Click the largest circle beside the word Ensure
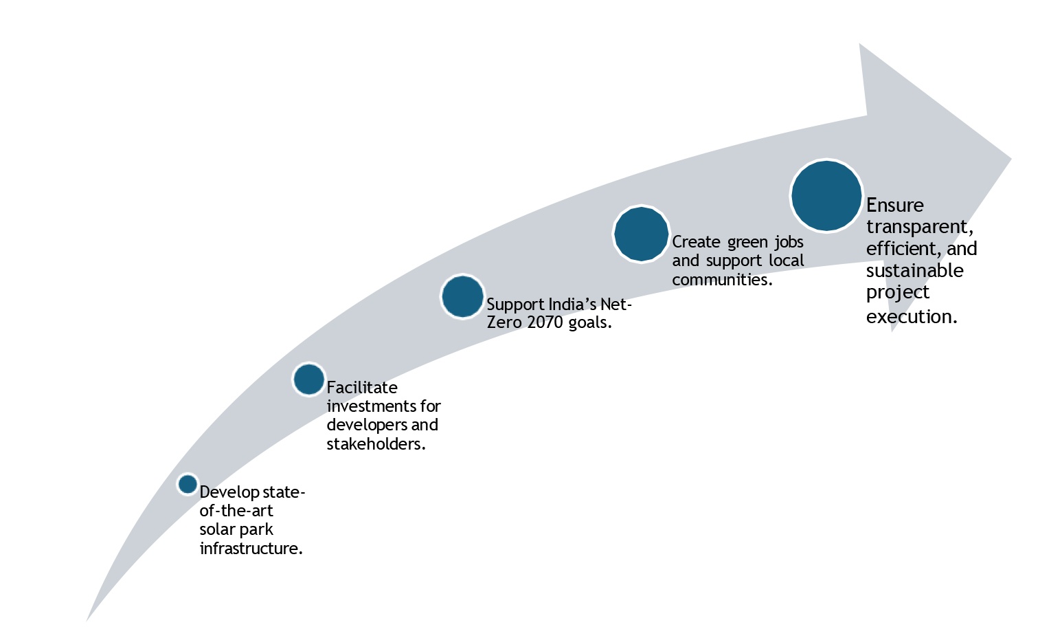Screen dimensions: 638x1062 [x=826, y=196]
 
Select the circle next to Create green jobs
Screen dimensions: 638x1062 [x=641, y=234]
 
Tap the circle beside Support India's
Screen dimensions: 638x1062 [x=462, y=297]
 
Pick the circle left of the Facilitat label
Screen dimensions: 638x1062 [x=308, y=379]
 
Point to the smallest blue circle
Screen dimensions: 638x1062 [x=188, y=484]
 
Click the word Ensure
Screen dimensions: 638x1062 [x=894, y=206]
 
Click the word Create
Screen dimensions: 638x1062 [x=697, y=242]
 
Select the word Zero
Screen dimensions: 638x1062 [x=504, y=322]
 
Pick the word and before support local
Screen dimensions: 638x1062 [x=686, y=261]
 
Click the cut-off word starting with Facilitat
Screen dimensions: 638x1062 [x=354, y=388]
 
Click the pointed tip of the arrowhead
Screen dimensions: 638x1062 [x=1010, y=159]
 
